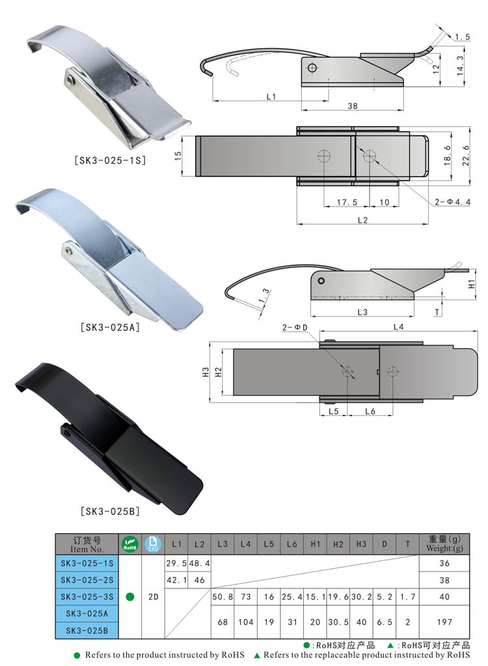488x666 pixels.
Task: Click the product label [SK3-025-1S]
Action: [x=110, y=160]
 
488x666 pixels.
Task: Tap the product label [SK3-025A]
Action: [x=110, y=327]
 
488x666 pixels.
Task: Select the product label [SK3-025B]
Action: [x=110, y=511]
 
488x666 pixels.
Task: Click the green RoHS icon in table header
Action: [x=129, y=544]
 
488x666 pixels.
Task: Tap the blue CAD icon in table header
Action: [x=153, y=544]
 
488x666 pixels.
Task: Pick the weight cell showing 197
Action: [x=444, y=622]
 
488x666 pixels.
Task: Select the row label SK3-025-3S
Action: [x=87, y=597]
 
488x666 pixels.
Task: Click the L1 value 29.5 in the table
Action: [x=176, y=563]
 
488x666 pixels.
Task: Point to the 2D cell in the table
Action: [x=153, y=597]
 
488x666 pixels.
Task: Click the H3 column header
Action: [x=361, y=544]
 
